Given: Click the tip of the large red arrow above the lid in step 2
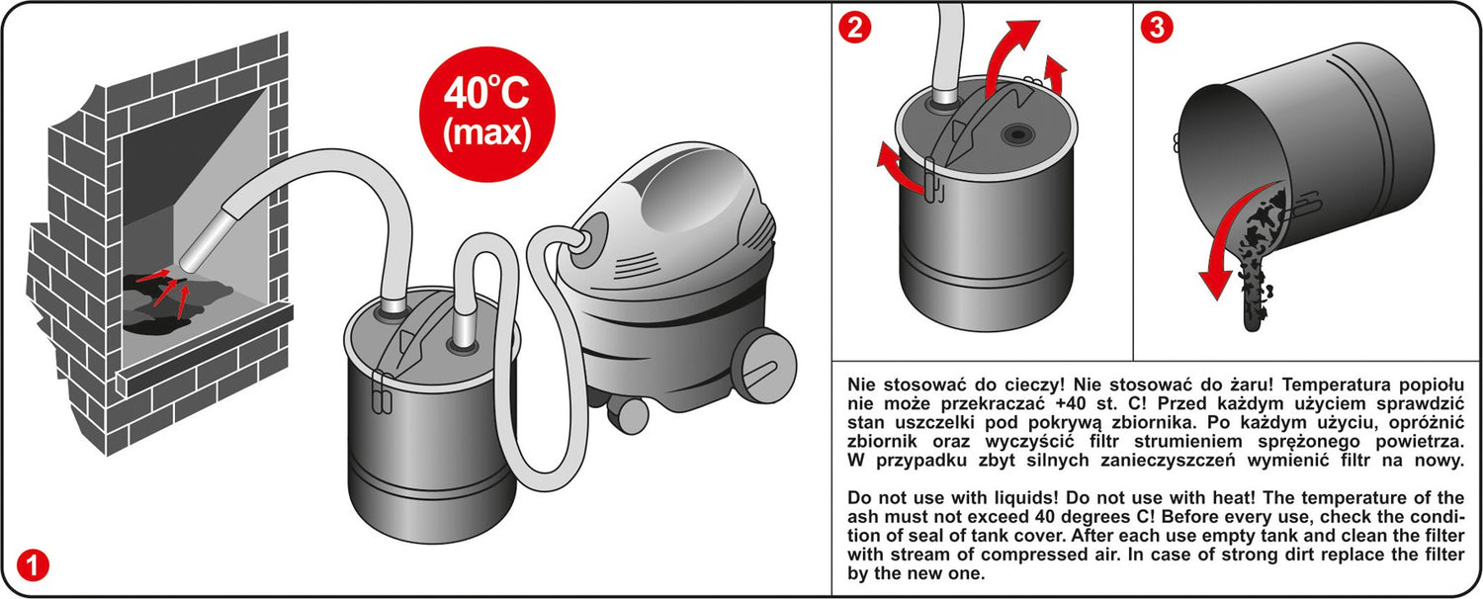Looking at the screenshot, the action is (1039, 22).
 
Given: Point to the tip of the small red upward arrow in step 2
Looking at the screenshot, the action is (1057, 57).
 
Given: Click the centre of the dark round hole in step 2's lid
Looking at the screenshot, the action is (1017, 135).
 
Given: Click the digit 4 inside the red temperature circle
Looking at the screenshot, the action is (456, 95).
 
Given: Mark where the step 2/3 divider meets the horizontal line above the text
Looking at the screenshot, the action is (1133, 361).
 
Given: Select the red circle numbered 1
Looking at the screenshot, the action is (33, 564).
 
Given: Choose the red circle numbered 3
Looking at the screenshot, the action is (1157, 27).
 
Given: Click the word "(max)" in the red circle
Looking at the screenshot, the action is (486, 133).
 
